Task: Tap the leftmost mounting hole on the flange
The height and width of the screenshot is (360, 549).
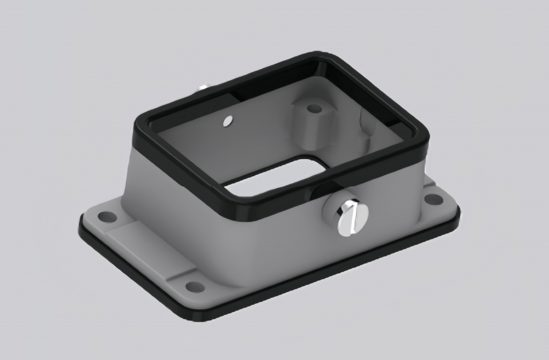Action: tap(107, 217)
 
